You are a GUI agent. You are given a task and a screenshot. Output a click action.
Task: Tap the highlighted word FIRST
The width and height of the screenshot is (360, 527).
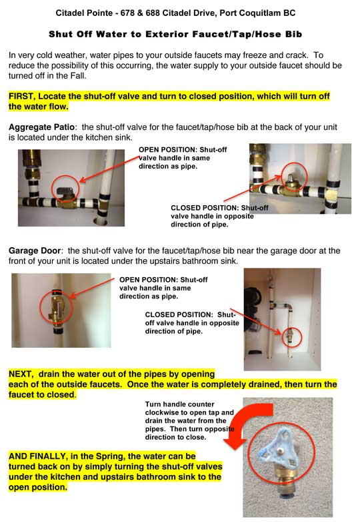pos(21,97)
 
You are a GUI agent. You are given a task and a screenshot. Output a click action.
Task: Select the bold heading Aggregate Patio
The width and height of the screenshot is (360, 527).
pos(42,127)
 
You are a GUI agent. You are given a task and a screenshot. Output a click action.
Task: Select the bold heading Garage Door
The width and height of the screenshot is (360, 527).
pos(35,251)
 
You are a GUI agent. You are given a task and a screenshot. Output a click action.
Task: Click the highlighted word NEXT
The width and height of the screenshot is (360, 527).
pos(20,374)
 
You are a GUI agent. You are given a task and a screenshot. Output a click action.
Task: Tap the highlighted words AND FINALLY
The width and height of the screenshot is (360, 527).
pos(37,456)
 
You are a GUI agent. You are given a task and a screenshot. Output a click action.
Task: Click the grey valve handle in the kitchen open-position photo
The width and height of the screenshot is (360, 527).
pos(63,192)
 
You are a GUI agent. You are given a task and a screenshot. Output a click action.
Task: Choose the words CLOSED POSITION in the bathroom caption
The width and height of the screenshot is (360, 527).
pos(179,315)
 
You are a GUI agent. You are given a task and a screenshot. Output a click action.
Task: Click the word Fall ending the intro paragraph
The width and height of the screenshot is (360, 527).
pos(78,76)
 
